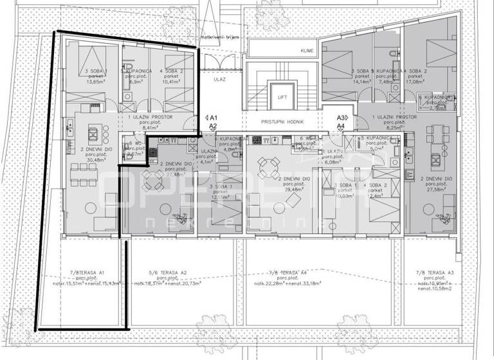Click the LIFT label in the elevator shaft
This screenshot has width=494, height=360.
(281, 98)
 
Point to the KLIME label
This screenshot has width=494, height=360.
(306, 50)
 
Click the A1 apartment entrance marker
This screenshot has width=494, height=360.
(213, 118)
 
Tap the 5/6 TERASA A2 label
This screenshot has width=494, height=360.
(168, 272)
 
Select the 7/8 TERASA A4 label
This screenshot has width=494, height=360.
(287, 272)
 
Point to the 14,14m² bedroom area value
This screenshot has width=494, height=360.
(358, 82)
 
